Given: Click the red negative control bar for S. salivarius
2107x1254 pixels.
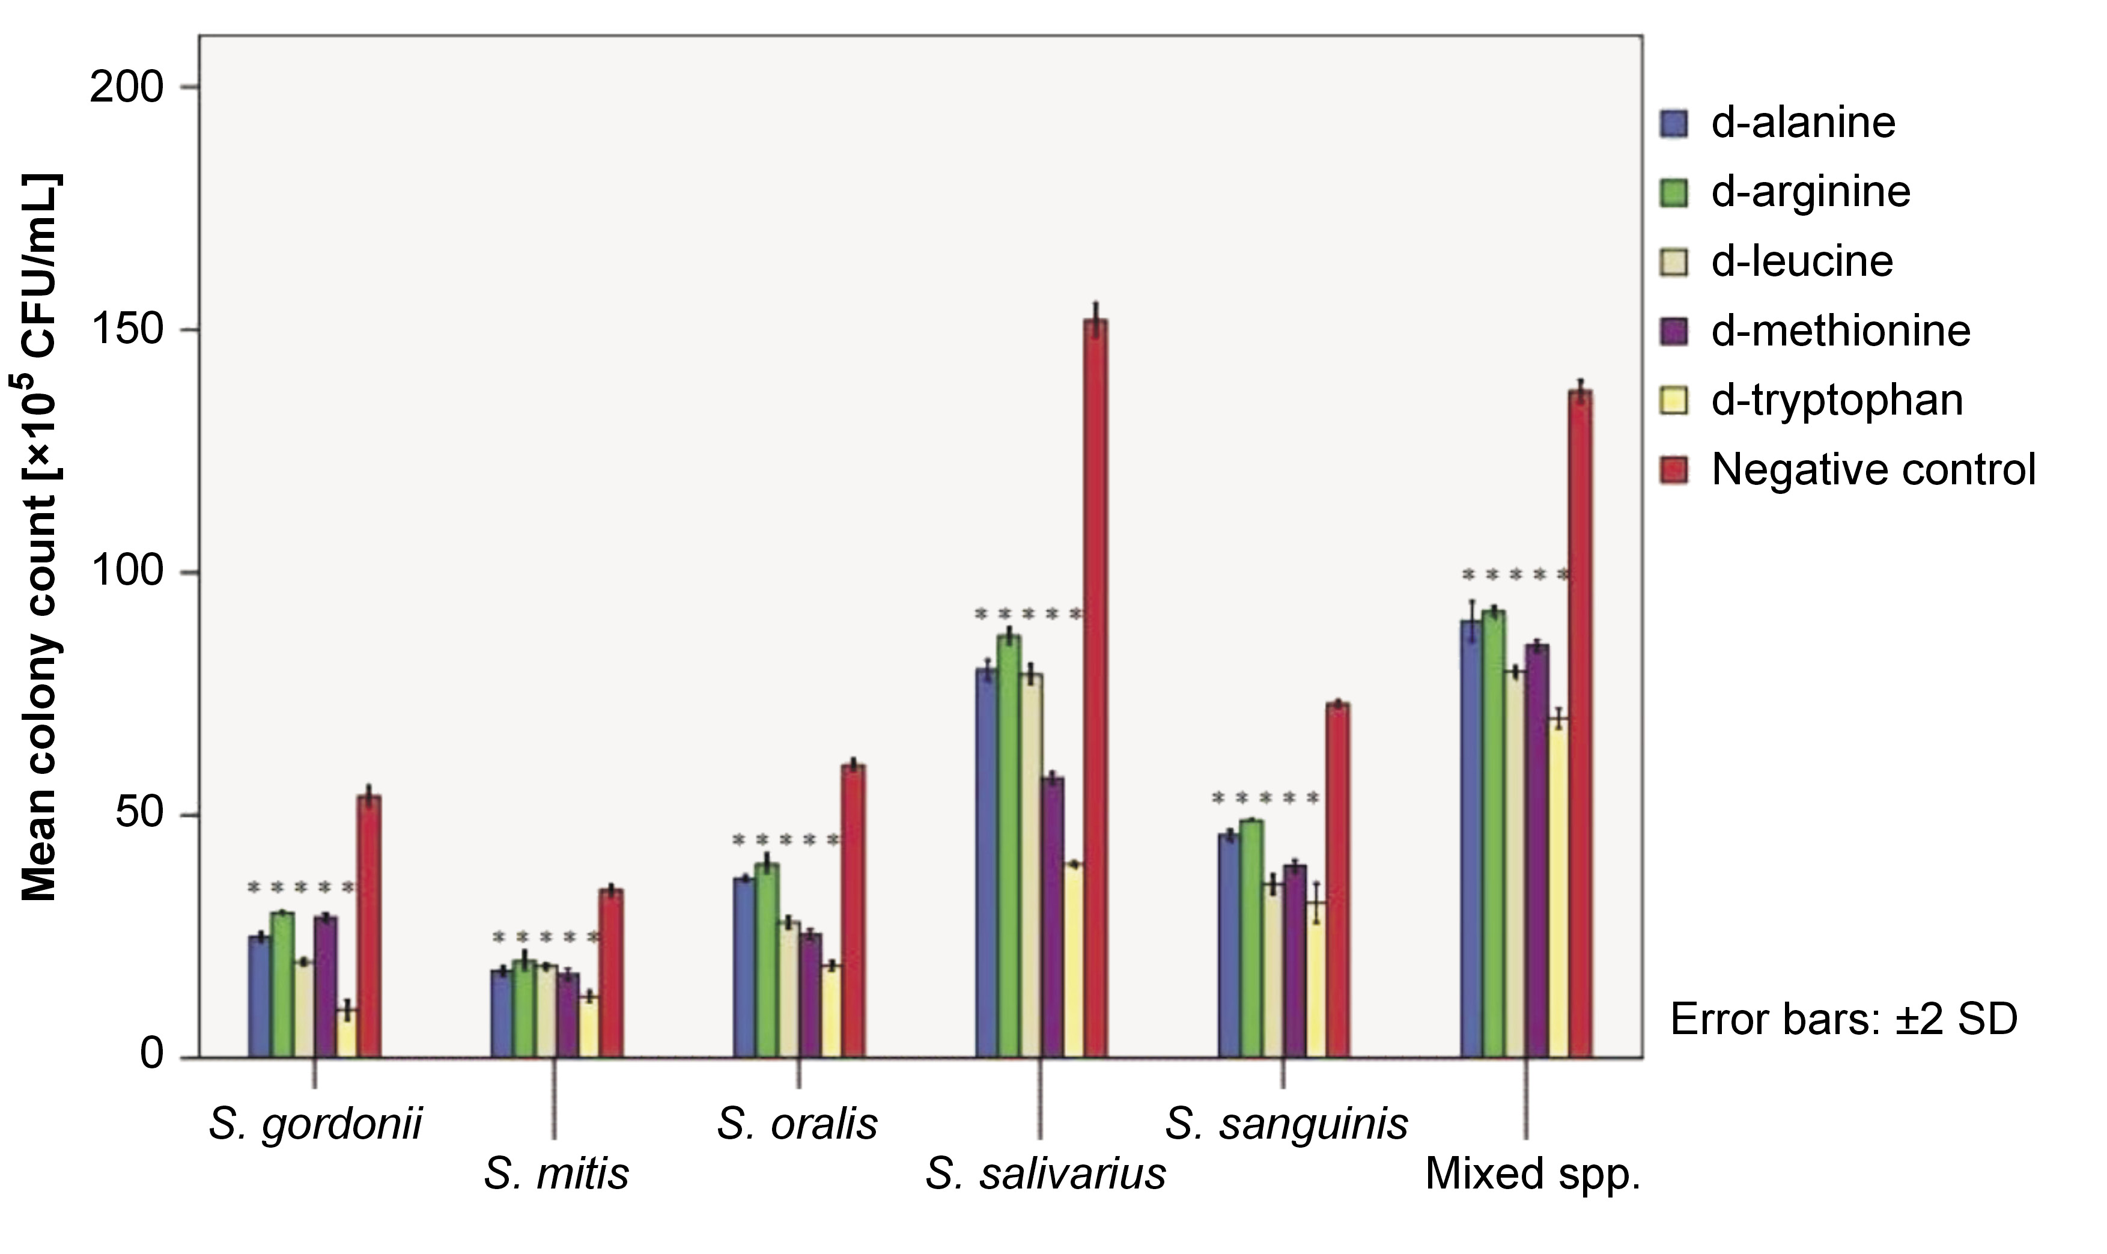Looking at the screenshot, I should click(1096, 689).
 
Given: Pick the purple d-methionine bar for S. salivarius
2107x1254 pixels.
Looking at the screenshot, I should click(1052, 917).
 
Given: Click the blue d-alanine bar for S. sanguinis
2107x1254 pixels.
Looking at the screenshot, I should click(1229, 945).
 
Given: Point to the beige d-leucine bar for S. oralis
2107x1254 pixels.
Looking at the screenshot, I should click(788, 988).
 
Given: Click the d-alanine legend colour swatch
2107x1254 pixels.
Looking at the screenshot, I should click(1674, 123).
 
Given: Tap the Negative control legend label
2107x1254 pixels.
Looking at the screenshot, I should click(1873, 469).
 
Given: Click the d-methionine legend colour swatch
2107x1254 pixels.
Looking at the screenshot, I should click(1674, 330).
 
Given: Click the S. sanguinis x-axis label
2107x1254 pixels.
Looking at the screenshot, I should click(1286, 1124).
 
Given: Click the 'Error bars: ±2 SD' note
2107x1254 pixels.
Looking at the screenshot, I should click(1843, 1019).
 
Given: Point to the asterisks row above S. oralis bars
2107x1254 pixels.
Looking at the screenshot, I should click(786, 841).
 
